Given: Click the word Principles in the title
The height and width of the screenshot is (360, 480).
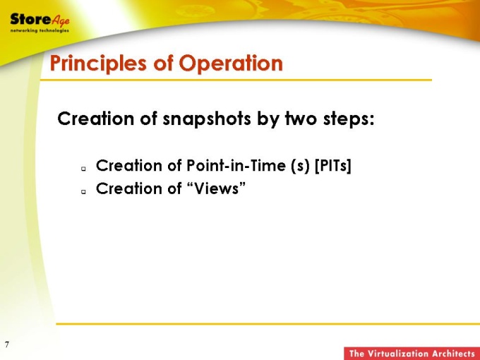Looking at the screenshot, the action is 98,64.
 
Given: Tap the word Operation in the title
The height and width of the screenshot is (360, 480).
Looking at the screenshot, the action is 231,63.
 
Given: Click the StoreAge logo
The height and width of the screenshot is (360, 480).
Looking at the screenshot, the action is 40,23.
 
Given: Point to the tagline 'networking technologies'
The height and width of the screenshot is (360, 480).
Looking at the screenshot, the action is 40,30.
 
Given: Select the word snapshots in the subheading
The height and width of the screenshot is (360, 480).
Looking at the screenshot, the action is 207,119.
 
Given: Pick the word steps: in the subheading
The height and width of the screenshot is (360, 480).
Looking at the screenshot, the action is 349,119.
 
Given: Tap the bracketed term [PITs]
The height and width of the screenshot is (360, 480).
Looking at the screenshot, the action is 332,166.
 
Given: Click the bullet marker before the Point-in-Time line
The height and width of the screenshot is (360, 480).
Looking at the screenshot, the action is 83,169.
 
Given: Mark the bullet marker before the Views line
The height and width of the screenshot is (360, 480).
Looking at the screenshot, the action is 83,191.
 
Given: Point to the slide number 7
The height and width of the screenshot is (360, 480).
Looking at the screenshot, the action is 7,344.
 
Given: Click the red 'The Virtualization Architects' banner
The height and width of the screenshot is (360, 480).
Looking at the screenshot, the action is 412,353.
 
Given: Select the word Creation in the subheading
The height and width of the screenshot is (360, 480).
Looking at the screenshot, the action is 96,119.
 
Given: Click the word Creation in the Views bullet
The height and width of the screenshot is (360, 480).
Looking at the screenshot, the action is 129,188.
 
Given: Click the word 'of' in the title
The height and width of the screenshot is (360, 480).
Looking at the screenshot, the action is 162,63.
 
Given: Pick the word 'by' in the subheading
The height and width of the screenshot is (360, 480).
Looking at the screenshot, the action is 268,119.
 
